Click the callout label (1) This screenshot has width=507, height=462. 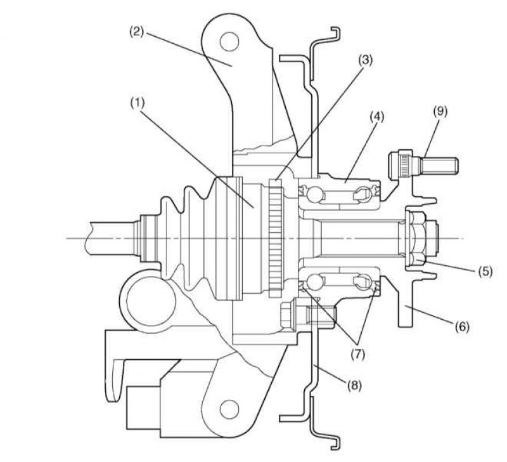coord(137,103)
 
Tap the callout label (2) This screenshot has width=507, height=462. coord(136,32)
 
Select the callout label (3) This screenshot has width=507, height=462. coord(366,60)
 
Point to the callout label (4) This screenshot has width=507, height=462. coord(377,117)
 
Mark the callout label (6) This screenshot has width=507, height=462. coord(462,327)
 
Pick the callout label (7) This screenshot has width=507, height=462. coord(358,354)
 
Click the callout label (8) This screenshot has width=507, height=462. coord(355,385)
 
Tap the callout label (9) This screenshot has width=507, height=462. coord(440,111)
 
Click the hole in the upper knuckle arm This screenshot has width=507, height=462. coord(229,41)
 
